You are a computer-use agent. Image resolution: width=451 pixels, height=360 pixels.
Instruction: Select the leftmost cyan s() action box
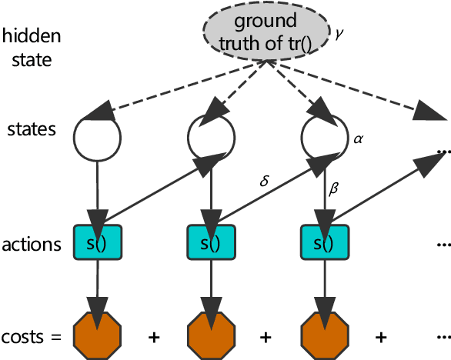coord(97,244)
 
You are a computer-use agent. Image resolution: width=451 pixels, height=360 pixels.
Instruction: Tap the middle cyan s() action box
coord(211,244)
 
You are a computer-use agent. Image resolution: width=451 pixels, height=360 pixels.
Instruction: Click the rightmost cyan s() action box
coord(324,244)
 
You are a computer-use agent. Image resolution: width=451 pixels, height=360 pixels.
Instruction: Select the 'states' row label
coord(31,128)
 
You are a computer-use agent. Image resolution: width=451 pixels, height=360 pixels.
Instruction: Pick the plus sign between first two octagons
coord(154,336)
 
